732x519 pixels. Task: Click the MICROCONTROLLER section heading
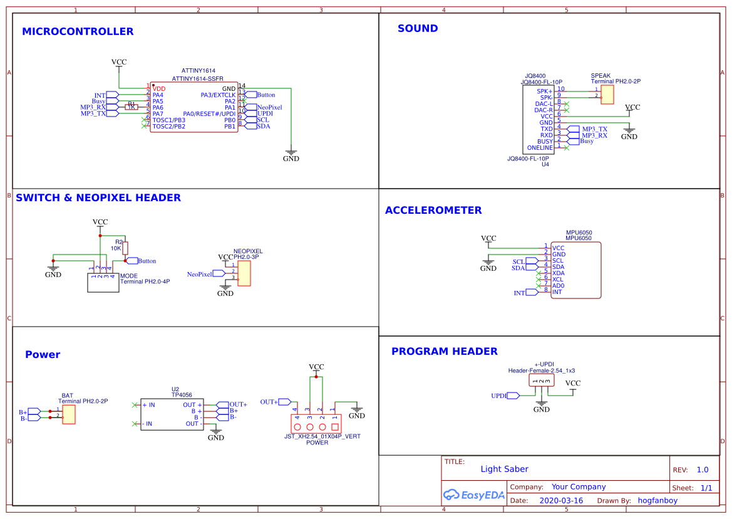coord(78,31)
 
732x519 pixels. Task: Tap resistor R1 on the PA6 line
coord(131,107)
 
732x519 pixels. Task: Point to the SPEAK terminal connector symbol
coord(607,94)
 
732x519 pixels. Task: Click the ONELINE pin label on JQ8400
coord(540,148)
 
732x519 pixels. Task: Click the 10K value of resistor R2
coord(116,248)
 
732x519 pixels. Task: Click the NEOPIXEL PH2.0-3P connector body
coord(244,273)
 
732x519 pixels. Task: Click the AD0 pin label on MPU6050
coord(558,285)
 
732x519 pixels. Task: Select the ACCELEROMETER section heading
coord(433,210)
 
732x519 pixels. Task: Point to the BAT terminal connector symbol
coord(69,414)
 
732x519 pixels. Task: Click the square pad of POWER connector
coord(335,426)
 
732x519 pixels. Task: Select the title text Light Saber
coord(504,469)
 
